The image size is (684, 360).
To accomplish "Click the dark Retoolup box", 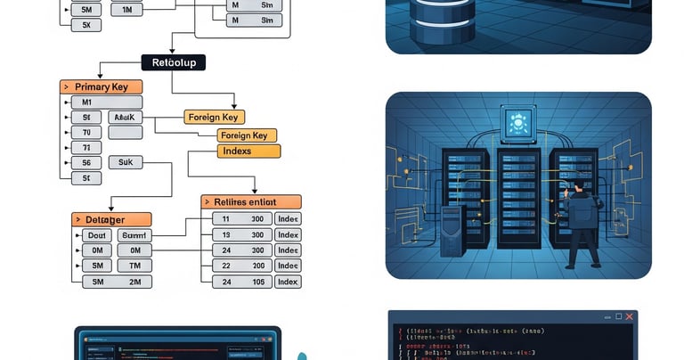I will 174,62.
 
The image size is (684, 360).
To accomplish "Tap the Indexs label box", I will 248,151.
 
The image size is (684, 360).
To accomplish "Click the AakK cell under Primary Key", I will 125,117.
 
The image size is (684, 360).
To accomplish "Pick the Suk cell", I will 125,162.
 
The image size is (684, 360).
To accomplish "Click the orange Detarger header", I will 111,219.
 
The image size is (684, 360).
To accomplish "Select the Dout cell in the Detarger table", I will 97,235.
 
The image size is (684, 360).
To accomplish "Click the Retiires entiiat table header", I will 251,202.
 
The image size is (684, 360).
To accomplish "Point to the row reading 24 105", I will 241,282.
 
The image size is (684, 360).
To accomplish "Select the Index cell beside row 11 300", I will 288,218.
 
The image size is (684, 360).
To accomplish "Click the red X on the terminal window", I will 629,317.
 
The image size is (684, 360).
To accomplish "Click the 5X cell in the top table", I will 86,25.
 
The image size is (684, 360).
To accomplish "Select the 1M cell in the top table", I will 126,9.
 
